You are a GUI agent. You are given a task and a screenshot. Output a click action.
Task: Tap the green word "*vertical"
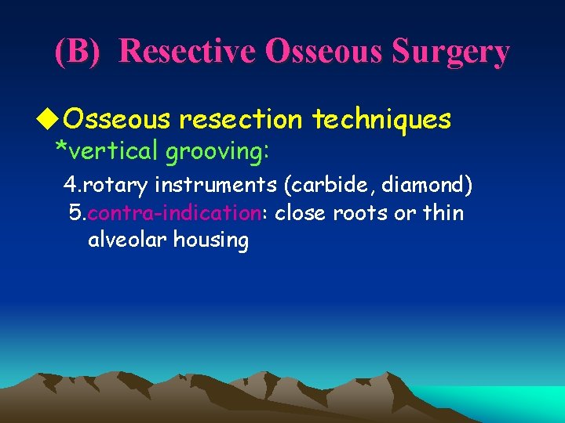[x=106, y=150]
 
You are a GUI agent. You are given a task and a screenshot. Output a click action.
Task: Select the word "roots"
[x=363, y=213]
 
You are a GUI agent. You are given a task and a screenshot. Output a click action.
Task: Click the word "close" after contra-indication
[x=301, y=213]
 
